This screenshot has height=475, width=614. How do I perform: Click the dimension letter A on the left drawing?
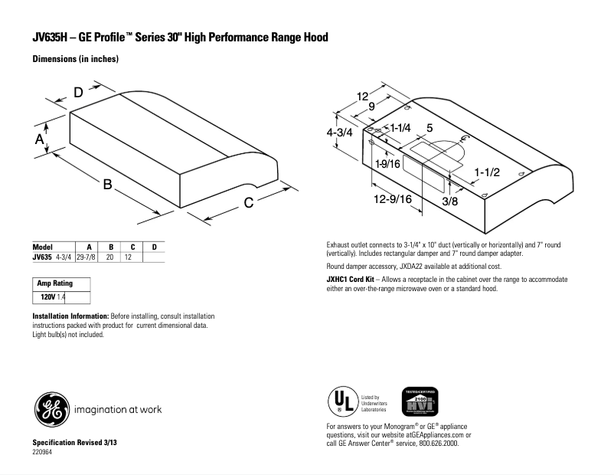pyautogui.click(x=39, y=139)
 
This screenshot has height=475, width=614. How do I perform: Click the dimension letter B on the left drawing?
pyautogui.click(x=108, y=185)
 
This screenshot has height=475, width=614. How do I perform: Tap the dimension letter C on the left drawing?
pyautogui.click(x=248, y=202)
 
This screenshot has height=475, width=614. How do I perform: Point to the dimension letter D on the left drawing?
pyautogui.click(x=78, y=93)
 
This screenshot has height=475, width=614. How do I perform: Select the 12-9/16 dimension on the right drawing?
pyautogui.click(x=394, y=199)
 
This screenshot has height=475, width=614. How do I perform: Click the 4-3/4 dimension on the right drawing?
pyautogui.click(x=339, y=132)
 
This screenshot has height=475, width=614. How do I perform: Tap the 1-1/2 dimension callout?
pyautogui.click(x=486, y=172)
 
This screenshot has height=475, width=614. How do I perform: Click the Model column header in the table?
pyautogui.click(x=42, y=247)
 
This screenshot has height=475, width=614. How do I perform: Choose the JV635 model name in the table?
pyautogui.click(x=41, y=257)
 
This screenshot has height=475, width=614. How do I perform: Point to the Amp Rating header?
pyautogui.click(x=54, y=283)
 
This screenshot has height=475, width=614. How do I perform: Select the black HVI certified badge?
pyautogui.click(x=420, y=401)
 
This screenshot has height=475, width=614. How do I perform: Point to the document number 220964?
pyautogui.click(x=42, y=452)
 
